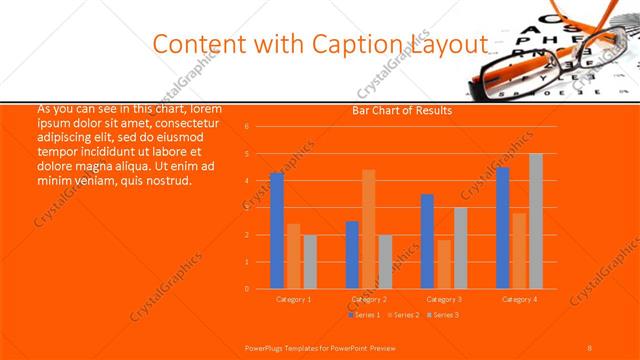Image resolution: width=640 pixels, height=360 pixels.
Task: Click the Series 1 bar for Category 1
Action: tap(277, 231)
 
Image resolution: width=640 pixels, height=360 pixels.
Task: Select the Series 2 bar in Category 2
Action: tap(368, 229)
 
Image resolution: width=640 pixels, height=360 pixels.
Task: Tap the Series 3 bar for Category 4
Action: tap(536, 221)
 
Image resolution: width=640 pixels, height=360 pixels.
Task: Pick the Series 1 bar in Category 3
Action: tap(427, 241)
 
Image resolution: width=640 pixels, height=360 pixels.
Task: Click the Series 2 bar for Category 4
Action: tap(519, 250)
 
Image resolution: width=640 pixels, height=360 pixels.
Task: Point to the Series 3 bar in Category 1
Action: tap(310, 261)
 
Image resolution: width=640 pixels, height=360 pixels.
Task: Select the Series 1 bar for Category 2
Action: tap(352, 254)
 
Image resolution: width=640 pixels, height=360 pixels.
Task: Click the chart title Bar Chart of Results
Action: tap(402, 111)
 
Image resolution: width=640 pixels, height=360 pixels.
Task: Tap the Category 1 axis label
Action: tap(293, 299)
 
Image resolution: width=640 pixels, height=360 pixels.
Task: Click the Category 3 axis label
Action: tap(444, 299)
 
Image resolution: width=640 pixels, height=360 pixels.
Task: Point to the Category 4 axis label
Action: tap(519, 299)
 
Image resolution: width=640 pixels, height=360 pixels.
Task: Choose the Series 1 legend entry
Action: tap(365, 315)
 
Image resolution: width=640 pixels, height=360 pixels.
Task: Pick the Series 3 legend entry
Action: tap(442, 315)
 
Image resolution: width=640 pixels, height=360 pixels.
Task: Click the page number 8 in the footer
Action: tap(590, 346)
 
